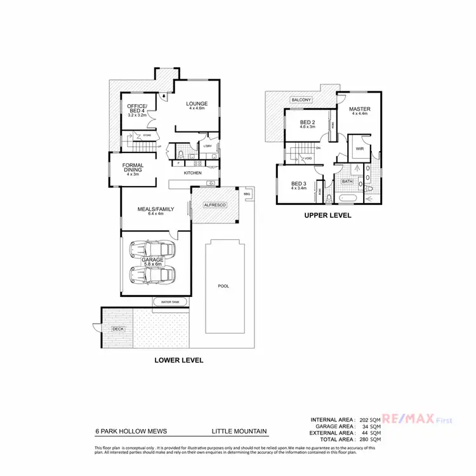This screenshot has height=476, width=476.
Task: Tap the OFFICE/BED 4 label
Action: click(x=137, y=109)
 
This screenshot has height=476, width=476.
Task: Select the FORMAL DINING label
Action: click(x=133, y=168)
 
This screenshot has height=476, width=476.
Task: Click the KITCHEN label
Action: click(x=193, y=173)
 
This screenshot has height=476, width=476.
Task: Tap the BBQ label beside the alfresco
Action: click(x=247, y=194)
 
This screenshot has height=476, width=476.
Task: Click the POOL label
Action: click(x=223, y=286)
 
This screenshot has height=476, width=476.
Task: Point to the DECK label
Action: click(x=118, y=329)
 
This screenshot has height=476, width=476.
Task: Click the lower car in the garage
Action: click(x=150, y=275)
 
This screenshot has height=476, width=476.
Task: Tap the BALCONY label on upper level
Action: click(x=301, y=100)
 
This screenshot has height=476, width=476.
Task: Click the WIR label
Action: click(x=359, y=149)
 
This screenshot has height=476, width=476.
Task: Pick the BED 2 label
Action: click(x=307, y=123)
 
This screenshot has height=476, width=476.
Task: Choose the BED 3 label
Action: click(x=298, y=183)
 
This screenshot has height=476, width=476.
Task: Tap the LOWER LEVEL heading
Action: click(x=179, y=360)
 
